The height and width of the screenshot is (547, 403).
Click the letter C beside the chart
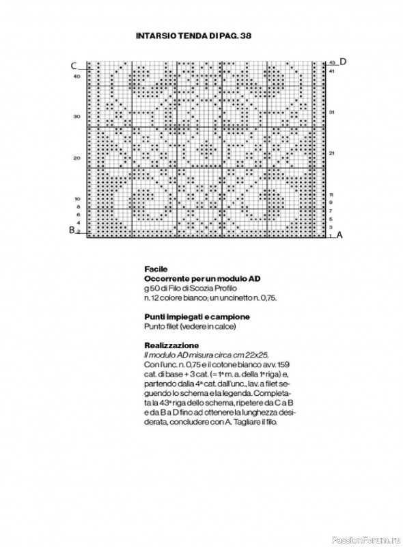pos(72,66)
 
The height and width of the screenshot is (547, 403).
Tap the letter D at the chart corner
pos(343,62)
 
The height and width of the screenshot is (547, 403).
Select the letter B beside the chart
pos(71,230)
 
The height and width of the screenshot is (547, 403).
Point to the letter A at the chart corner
pos(339,235)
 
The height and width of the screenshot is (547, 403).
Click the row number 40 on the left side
pos(77,77)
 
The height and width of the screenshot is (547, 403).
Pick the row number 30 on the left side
pos(77,116)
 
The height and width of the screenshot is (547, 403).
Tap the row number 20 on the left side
pos(77,158)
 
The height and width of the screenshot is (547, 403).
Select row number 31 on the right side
pos(331,111)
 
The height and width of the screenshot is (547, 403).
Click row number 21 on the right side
pos(331,152)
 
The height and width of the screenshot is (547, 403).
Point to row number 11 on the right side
pos(331,195)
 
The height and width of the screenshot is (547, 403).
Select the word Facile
pos(155,269)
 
